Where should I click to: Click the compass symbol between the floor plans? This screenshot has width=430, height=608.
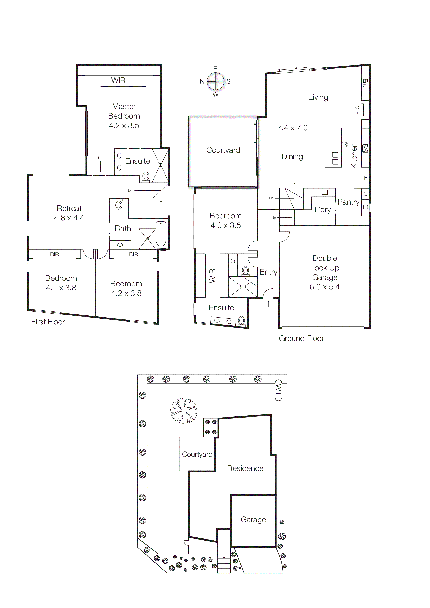pyautogui.click(x=215, y=81)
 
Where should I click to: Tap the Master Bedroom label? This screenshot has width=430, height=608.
pyautogui.click(x=124, y=111)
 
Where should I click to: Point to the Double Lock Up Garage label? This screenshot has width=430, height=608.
pyautogui.click(x=325, y=268)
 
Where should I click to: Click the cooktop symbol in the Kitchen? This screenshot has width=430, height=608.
pyautogui.click(x=365, y=148)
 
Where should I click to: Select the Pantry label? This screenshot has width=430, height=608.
pyautogui.click(x=348, y=202)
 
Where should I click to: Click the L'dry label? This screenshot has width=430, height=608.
pyautogui.click(x=322, y=210)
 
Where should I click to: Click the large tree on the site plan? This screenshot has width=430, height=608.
pyautogui.click(x=184, y=410)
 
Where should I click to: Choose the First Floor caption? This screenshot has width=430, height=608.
pyautogui.click(x=48, y=322)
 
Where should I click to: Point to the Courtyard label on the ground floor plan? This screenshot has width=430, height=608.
pyautogui.click(x=223, y=150)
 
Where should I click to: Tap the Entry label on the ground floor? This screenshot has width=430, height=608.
pyautogui.click(x=268, y=272)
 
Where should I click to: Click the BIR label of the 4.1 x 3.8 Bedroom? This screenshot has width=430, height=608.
pyautogui.click(x=55, y=254)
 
